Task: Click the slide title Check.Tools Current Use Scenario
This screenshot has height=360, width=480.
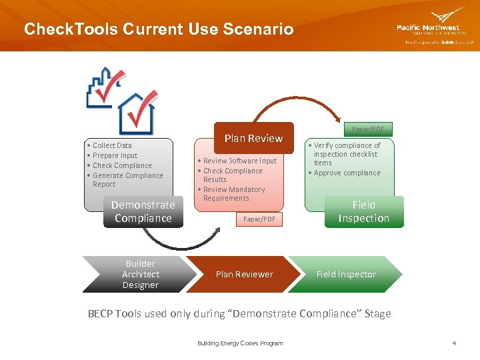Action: click(158, 29)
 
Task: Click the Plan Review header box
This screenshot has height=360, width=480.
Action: click(253, 138)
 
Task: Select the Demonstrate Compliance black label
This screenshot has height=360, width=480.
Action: click(143, 212)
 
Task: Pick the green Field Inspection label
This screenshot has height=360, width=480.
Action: click(363, 212)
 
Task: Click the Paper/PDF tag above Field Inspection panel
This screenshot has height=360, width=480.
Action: click(367, 129)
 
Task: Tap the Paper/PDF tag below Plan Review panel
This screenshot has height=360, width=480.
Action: click(259, 219)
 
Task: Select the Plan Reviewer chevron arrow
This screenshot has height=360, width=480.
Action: click(244, 274)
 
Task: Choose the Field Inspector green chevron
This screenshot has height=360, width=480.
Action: click(345, 274)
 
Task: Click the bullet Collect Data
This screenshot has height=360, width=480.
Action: click(112, 145)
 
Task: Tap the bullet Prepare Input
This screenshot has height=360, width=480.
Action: click(115, 155)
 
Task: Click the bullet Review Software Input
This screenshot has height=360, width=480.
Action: click(239, 161)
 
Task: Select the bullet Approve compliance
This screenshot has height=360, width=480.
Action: click(347, 173)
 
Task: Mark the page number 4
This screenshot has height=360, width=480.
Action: click(454, 343)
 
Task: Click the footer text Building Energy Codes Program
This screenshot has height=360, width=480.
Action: click(240, 343)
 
